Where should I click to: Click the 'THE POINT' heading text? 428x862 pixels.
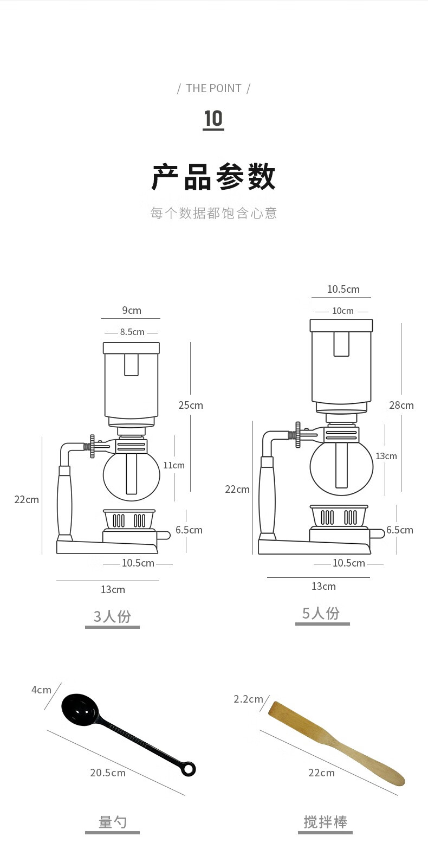click(214, 88)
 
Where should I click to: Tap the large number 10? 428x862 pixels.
click(213, 118)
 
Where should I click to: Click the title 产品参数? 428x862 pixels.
click(214, 177)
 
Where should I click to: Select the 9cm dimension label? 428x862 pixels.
click(132, 310)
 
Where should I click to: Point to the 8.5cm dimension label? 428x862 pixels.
click(132, 332)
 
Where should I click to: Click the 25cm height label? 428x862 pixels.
click(191, 405)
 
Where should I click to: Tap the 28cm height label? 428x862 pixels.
click(401, 405)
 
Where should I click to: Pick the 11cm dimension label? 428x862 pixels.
click(174, 465)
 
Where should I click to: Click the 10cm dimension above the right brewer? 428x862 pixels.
click(342, 311)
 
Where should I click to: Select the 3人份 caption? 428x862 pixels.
click(112, 616)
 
